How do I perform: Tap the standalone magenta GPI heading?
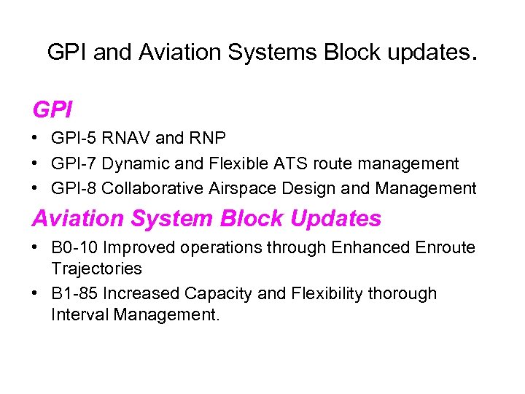click(52, 110)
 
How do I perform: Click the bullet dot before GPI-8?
click(36, 189)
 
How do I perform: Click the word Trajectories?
click(96, 269)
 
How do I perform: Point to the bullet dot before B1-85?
click(36, 294)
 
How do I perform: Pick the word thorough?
click(402, 293)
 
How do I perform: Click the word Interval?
click(78, 315)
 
